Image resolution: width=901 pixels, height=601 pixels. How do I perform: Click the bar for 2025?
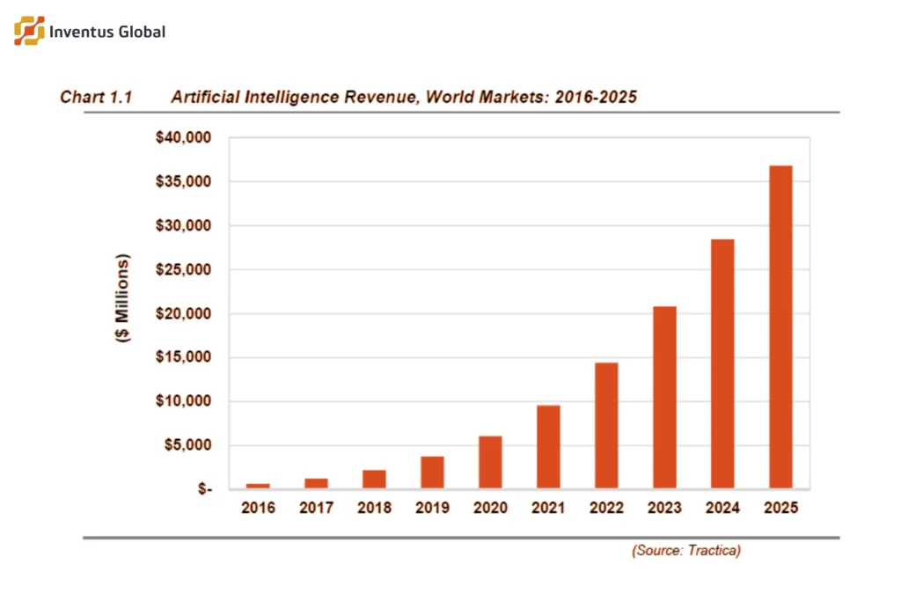780,326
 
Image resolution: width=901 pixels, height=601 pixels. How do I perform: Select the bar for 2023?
664,397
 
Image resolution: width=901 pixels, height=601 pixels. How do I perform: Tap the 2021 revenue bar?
548,446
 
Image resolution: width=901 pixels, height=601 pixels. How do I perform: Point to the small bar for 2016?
258,486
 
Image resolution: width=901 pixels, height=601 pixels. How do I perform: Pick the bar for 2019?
432,472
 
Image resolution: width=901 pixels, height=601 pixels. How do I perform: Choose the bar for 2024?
722,363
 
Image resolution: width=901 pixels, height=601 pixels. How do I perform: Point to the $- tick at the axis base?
203,489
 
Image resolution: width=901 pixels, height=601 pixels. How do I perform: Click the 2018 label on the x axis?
374,509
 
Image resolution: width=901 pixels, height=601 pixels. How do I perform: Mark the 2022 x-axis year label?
606,509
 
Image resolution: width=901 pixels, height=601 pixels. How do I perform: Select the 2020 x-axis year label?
490,509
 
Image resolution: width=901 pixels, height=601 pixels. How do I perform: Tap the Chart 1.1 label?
96,97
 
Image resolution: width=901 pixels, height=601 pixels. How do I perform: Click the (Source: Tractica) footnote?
685,551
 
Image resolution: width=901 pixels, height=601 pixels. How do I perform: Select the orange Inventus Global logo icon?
29,31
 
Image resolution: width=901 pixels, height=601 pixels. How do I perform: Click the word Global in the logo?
138,32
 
